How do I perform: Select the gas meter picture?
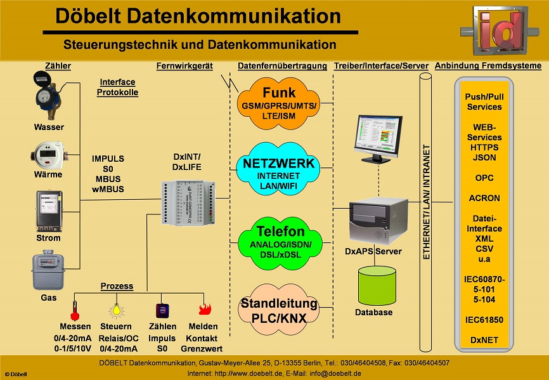49,271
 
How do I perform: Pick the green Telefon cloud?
279,239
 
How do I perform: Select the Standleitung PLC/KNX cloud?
279,309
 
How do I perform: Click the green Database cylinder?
377,285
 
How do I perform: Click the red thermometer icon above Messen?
75,310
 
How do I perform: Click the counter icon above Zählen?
162,310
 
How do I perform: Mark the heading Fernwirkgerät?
184,66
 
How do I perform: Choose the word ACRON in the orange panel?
484,198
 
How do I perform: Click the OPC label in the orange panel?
484,178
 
